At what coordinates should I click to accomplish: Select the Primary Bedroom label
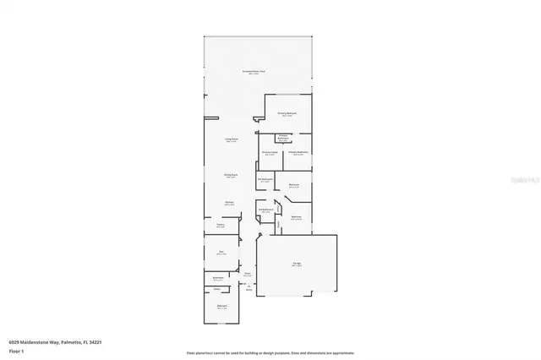[287, 113]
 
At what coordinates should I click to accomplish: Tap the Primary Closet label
[270, 153]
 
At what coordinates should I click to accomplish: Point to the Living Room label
[230, 140]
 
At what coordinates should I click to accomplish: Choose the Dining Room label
[230, 176]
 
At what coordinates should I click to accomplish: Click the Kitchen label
[229, 203]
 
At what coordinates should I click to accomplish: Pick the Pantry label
[220, 226]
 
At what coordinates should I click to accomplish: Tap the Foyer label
[248, 273]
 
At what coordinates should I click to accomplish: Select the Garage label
[298, 265]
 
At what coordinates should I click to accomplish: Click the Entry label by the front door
[249, 289]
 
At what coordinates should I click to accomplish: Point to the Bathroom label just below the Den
[217, 278]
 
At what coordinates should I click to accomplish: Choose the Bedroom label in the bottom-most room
[221, 307]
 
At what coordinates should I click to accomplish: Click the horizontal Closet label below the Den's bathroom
[217, 289]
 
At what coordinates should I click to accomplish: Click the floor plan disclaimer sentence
[270, 352]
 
